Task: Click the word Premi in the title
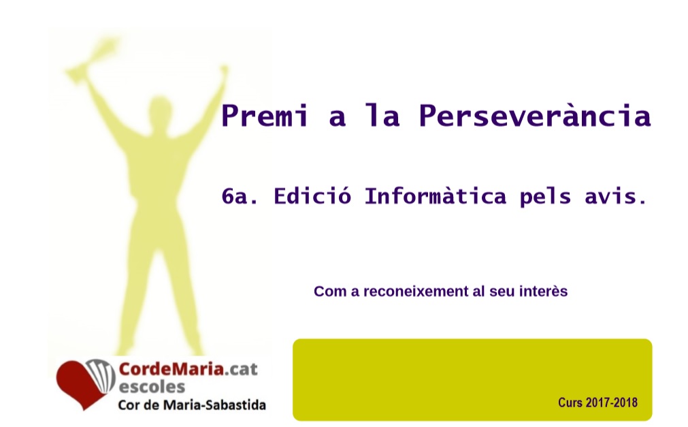(264, 115)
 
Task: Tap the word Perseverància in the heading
(535, 116)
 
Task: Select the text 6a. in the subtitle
(240, 196)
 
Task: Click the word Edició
(312, 196)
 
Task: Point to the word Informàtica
(436, 196)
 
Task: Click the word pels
(545, 197)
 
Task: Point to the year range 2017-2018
(611, 402)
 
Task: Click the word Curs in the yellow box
(570, 402)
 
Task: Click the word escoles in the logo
(152, 387)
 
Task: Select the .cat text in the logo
(242, 369)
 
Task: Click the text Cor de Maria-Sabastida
(192, 405)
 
